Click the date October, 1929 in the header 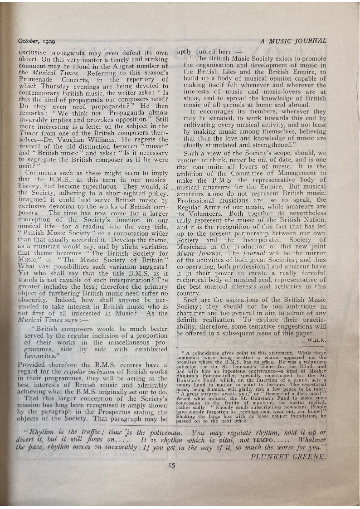point(36,41)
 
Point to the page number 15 point(171,463)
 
